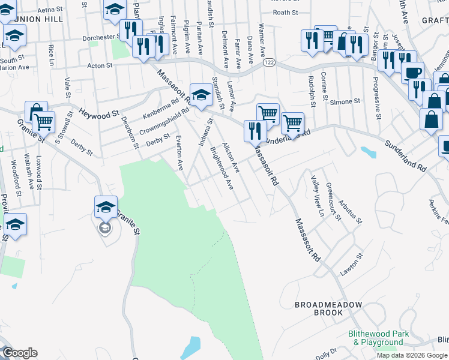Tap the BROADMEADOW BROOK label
tap(328, 309)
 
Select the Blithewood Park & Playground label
tap(378, 338)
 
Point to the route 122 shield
tap(268, 62)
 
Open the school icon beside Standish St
tap(200, 94)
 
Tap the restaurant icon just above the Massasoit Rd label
tap(255, 130)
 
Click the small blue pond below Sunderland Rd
tap(369, 152)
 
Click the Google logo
tap(20, 353)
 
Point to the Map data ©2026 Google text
tap(411, 355)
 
